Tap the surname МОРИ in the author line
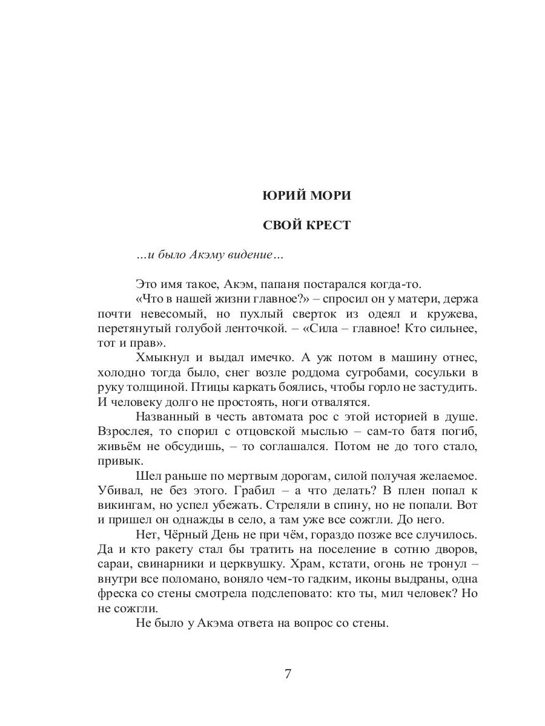click(330, 196)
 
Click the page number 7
click(288, 675)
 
